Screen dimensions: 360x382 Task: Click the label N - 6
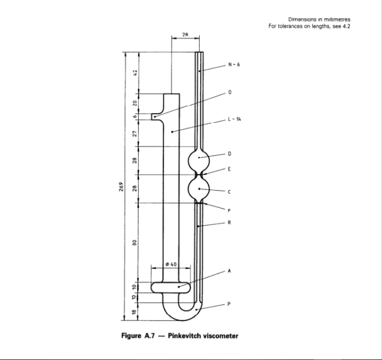233,65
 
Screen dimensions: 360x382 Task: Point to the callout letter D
229,154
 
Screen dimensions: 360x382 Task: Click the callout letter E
229,169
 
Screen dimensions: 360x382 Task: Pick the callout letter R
229,222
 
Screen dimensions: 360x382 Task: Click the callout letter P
229,305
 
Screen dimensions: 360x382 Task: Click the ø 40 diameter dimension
170,263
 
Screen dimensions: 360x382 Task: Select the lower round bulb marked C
199,188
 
